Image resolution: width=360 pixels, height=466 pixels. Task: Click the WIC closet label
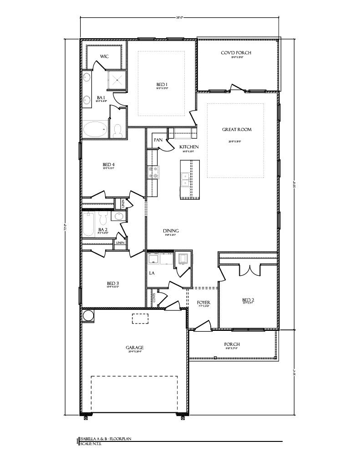[104, 57]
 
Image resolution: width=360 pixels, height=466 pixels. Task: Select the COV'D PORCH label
[236, 53]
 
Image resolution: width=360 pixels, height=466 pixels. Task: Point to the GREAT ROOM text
[237, 130]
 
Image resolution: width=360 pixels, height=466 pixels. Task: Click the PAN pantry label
[158, 140]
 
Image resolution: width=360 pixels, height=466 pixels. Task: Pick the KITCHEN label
[188, 147]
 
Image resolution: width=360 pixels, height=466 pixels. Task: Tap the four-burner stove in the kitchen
[153, 172]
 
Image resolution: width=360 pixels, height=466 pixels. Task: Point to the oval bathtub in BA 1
[95, 129]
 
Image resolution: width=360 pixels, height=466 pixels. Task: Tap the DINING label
[170, 231]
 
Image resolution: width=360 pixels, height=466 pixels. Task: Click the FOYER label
[203, 303]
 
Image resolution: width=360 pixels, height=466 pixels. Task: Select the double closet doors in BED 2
[248, 270]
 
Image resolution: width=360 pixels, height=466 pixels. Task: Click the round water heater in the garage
[88, 315]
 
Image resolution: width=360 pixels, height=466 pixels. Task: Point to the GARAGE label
[135, 348]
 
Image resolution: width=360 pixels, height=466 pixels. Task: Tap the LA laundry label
[152, 274]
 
